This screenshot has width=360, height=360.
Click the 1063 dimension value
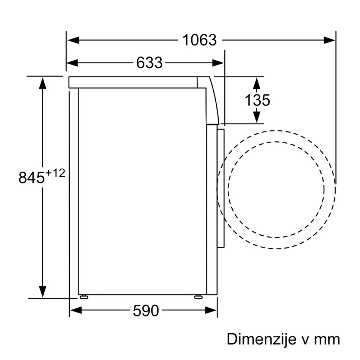point(199,40)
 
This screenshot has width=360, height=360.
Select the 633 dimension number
point(149,63)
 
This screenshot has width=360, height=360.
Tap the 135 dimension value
point(257,100)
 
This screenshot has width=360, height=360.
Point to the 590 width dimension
point(146,311)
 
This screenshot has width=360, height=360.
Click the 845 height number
point(31,177)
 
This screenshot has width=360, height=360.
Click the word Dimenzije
point(261,339)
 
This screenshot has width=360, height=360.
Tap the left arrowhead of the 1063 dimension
point(73,40)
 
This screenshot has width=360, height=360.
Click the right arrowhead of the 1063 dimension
point(329,40)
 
